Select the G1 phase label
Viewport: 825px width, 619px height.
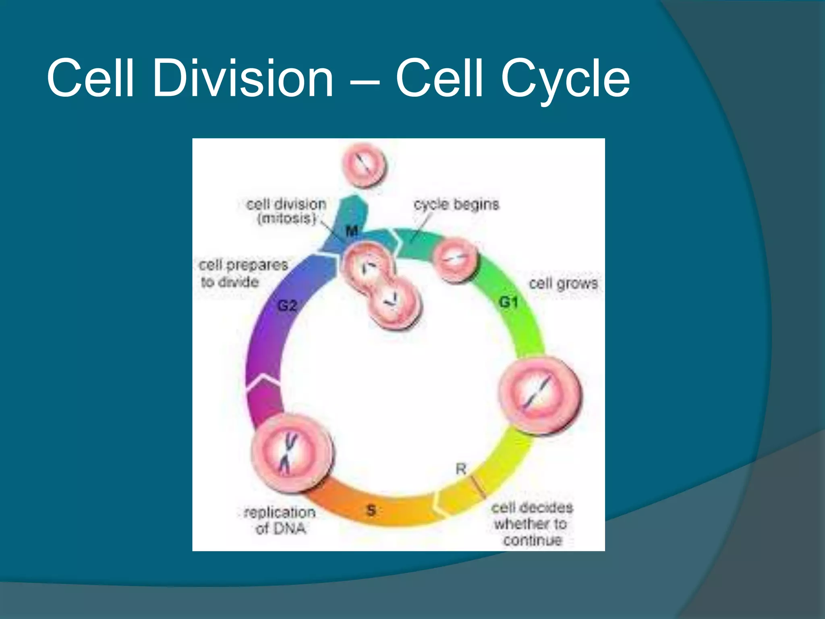click(508, 302)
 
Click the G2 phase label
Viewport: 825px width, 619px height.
click(287, 306)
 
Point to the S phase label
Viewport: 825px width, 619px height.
click(371, 511)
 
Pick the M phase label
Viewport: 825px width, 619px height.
click(352, 231)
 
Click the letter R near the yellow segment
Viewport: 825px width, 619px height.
click(461, 469)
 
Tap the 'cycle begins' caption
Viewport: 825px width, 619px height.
click(456, 204)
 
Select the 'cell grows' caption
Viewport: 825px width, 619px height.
click(563, 283)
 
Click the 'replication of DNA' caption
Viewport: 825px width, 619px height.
click(280, 520)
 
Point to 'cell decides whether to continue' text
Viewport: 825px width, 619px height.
click(532, 524)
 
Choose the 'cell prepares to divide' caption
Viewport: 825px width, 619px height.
click(243, 273)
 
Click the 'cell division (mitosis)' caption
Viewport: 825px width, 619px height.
click(286, 211)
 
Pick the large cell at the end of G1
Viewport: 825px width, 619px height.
click(540, 396)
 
